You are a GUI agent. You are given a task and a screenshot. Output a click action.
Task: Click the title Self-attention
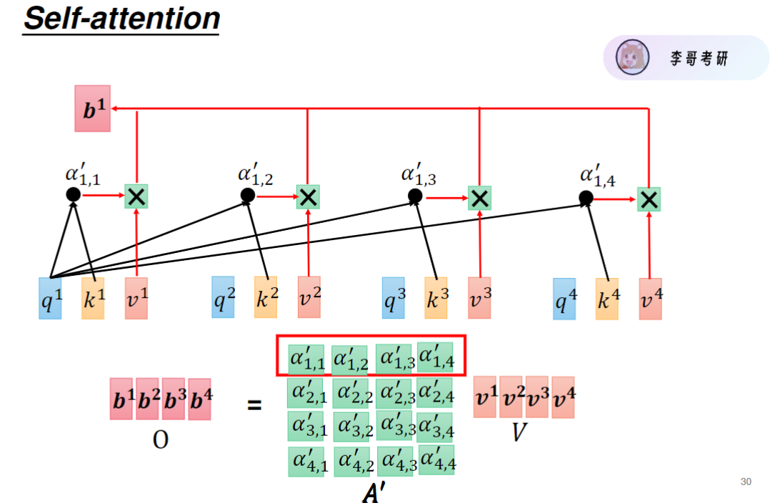pos(121,18)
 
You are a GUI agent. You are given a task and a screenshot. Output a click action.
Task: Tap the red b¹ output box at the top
pos(93,109)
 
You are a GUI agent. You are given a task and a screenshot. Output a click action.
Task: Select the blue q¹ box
pos(50,298)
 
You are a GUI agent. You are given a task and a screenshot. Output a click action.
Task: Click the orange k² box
pos(266,297)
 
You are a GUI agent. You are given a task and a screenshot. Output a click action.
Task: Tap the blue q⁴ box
pos(564,298)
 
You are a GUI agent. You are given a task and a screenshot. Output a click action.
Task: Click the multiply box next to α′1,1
pos(136,196)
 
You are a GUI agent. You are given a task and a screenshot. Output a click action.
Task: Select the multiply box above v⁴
pos(649,199)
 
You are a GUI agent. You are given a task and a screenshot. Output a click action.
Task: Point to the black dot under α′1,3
pos(414,196)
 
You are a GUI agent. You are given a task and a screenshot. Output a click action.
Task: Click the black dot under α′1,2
pos(247,195)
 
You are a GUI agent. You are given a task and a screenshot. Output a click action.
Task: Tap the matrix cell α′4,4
pos(437,461)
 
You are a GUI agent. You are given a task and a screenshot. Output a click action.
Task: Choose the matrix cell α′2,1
pos(308,392)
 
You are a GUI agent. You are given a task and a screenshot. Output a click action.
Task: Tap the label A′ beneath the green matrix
pos(374,493)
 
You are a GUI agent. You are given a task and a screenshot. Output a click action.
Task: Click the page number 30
pos(746,482)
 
